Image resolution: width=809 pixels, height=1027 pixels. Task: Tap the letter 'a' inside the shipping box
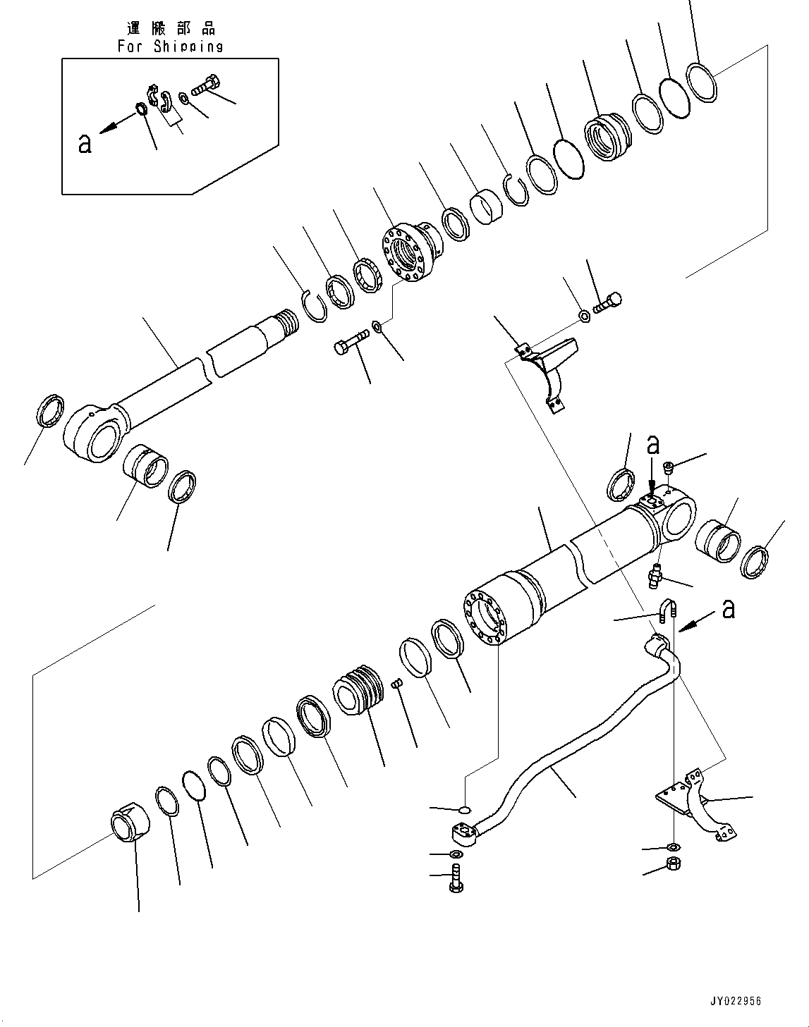pyautogui.click(x=85, y=144)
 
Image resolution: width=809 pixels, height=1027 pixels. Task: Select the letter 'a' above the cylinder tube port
pyautogui.click(x=654, y=445)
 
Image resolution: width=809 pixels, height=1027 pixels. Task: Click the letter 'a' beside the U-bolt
pyautogui.click(x=729, y=608)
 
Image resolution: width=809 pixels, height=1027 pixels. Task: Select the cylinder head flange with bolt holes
pyautogui.click(x=409, y=254)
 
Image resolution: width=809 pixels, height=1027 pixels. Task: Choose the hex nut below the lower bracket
pyautogui.click(x=674, y=864)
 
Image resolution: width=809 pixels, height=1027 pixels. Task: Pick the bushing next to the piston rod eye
pyautogui.click(x=146, y=468)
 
